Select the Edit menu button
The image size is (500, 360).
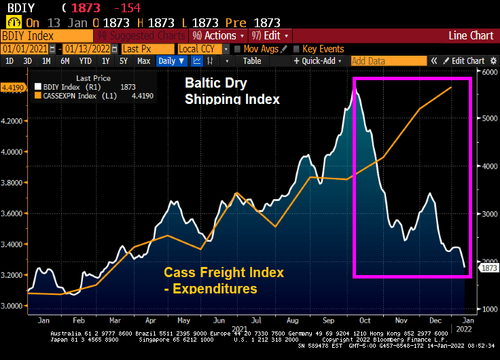tap(270, 35)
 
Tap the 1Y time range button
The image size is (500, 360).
tap(105, 61)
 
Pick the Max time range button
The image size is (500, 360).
tap(143, 61)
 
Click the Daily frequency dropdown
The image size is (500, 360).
tap(169, 61)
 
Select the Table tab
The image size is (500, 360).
tap(252, 61)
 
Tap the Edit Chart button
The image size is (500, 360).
tap(465, 61)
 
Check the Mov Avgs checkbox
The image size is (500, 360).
tap(237, 49)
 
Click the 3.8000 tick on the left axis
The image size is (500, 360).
tap(14, 183)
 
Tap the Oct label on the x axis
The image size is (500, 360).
tap(365, 319)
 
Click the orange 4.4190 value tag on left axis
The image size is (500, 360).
tap(13, 88)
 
